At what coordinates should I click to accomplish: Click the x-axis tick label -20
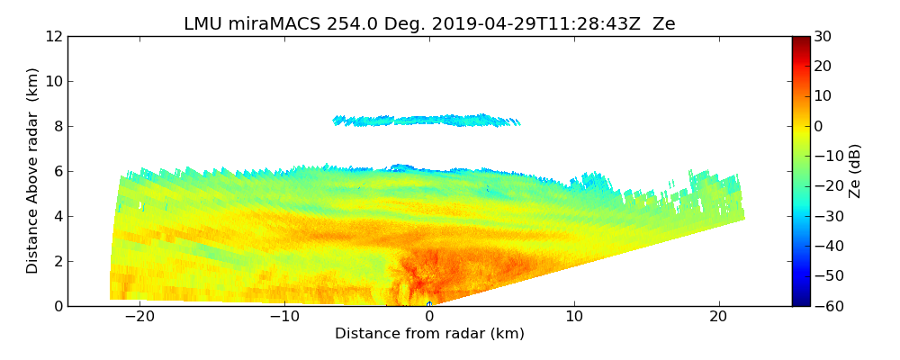[139, 317]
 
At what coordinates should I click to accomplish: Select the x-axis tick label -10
[284, 317]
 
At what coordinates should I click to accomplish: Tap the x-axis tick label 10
[574, 317]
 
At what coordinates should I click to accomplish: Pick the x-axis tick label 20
[718, 317]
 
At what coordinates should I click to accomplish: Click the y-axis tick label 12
[54, 36]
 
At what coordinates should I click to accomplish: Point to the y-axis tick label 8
[58, 126]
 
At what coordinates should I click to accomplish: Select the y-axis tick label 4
[58, 216]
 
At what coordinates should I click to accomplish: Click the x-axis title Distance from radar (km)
[429, 334]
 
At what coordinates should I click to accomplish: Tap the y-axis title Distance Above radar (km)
[33, 171]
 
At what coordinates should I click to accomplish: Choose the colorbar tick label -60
[826, 306]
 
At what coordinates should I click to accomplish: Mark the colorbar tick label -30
[826, 216]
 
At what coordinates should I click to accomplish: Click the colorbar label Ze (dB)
[856, 171]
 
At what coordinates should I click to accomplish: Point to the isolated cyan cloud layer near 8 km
[427, 120]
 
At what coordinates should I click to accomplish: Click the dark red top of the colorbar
[800, 41]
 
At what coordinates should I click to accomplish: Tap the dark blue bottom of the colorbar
[800, 301]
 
